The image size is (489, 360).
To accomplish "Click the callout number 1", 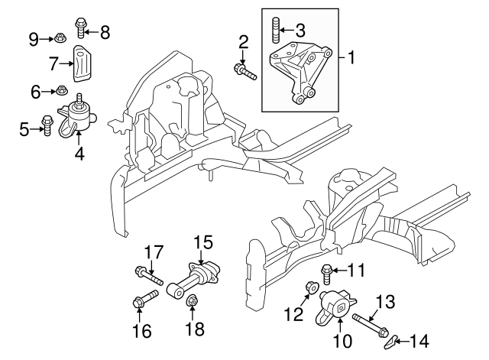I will click(351, 57).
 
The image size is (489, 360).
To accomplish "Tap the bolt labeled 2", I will click(245, 71).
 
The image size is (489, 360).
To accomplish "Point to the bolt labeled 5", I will click(46, 124).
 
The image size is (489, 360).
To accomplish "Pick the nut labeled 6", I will click(63, 92).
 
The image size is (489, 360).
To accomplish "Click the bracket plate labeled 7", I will click(82, 62).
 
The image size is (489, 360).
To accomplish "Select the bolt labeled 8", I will click(81, 28).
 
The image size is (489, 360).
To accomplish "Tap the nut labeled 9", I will click(59, 36).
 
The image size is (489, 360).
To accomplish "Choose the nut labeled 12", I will click(311, 289).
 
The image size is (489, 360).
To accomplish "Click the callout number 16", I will click(141, 331).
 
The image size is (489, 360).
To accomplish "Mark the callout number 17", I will click(154, 251).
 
